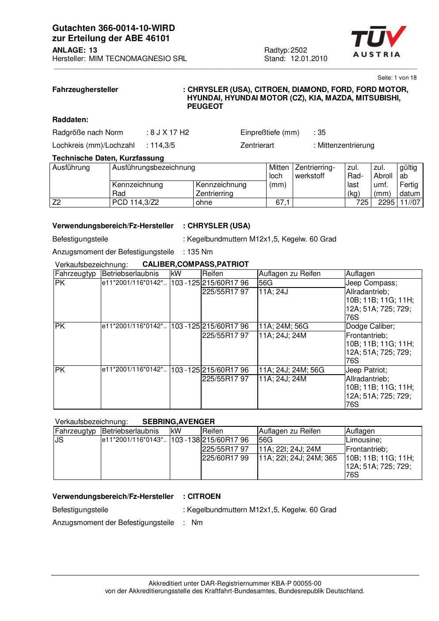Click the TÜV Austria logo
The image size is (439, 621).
click(x=378, y=42)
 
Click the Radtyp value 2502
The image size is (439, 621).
click(x=299, y=50)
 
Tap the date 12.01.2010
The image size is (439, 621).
click(x=309, y=58)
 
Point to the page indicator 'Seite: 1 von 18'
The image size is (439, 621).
click(x=397, y=78)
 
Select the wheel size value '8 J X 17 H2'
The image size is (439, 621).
click(x=170, y=132)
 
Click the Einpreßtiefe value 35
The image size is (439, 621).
click(x=322, y=132)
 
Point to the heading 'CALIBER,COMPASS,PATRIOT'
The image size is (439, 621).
click(x=195, y=264)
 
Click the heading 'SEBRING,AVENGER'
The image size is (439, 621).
click(x=179, y=422)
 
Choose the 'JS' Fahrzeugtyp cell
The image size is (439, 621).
click(x=59, y=440)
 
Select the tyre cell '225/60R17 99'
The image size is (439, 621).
click(x=225, y=458)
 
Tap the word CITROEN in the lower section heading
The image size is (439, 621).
click(x=204, y=496)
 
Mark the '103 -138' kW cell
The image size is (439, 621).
click(x=185, y=440)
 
